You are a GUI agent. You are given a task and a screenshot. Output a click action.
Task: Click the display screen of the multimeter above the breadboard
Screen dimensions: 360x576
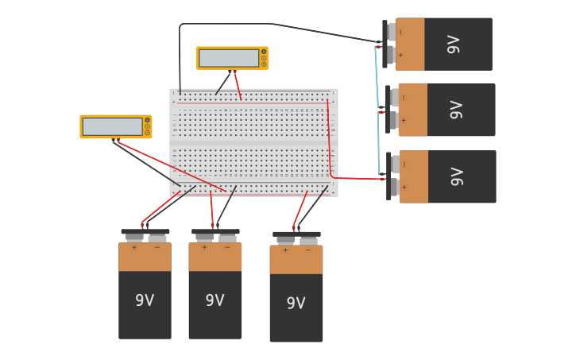pos(229,58)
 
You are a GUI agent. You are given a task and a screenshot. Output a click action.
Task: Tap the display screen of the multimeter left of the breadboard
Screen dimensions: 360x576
pos(112,126)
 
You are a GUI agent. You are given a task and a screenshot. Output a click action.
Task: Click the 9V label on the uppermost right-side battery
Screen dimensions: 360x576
pos(454,45)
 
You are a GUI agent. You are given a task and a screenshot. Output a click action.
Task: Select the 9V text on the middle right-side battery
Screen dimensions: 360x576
pos(456,110)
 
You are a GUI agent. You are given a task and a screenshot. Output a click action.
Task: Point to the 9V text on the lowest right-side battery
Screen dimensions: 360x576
pos(457,176)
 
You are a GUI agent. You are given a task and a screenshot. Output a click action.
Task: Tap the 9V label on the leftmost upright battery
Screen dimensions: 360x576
pos(145,300)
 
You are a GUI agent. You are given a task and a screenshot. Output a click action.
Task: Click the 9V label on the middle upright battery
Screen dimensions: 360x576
pos(215,300)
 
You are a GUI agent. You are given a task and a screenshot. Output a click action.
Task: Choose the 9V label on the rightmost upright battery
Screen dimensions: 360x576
pos(296,303)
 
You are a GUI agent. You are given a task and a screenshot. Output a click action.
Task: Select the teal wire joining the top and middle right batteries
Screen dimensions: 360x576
pos(377,75)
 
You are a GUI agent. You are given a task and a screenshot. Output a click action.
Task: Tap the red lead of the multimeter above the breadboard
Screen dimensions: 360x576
pos(238,84)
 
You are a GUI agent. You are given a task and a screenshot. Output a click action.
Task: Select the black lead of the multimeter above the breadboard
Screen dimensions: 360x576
pos(223,83)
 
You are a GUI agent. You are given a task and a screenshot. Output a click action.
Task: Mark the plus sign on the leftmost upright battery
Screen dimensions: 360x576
pos(133,248)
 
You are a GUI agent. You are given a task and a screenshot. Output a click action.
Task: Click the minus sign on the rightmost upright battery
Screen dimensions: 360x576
pos(308,250)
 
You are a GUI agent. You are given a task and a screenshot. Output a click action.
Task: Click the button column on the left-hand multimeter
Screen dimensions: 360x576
pos(147,126)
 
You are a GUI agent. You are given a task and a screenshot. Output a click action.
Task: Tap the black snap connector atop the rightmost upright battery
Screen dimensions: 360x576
pos(296,234)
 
